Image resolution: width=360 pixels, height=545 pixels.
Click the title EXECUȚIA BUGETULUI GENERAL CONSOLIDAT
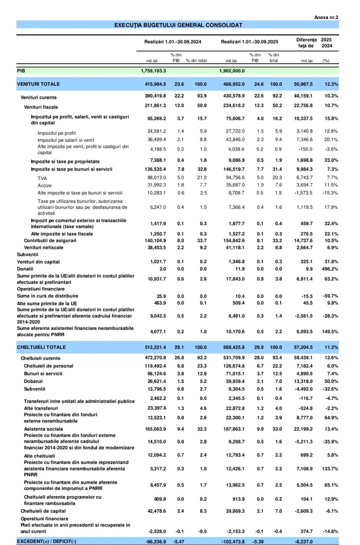coord(178,25)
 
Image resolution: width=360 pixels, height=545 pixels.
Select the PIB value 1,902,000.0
coord(236,71)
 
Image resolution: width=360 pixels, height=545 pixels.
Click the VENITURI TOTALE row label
coord(38,84)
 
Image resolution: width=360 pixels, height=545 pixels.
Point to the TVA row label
coord(42,178)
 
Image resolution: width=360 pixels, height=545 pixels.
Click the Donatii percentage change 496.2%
coord(330,269)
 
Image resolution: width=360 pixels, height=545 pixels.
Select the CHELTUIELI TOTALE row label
coord(41,348)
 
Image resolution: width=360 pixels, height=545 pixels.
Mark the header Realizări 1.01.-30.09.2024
coord(173,42)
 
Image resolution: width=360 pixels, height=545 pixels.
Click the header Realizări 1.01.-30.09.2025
coord(249,42)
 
